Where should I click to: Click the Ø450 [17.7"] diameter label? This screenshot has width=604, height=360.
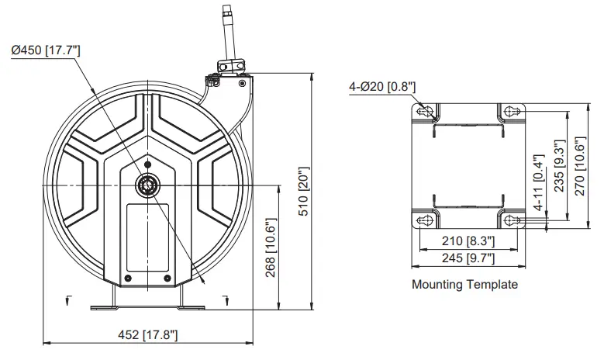tap(46, 50)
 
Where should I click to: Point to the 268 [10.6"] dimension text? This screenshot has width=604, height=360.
tap(268, 246)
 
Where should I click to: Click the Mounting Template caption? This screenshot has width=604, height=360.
tap(464, 285)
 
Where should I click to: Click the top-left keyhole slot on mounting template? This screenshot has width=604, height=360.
tap(425, 112)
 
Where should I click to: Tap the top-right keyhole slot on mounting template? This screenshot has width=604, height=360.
tap(509, 112)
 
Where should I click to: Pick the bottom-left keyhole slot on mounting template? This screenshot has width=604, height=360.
tap(425, 220)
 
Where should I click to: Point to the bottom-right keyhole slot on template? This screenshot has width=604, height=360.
tap(509, 220)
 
